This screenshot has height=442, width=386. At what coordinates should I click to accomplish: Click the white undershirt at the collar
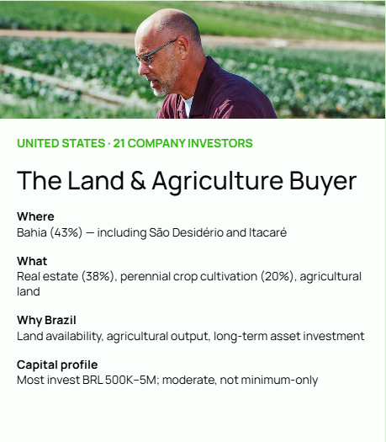[188, 106]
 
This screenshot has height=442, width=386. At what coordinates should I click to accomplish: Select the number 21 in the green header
[119, 143]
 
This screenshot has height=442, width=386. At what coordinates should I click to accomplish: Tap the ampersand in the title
[138, 180]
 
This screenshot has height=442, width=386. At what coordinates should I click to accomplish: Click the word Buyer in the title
[323, 182]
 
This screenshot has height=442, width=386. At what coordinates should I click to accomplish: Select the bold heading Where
[35, 216]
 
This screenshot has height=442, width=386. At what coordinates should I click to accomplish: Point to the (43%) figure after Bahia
[66, 233]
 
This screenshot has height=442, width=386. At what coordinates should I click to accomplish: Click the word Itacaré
[267, 232]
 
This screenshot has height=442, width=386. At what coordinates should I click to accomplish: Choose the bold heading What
[32, 261]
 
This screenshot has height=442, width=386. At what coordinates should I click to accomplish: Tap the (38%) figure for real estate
[98, 276]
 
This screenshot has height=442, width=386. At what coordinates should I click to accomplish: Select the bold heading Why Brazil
[46, 320]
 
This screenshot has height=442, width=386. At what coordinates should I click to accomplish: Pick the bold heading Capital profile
[57, 365]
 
